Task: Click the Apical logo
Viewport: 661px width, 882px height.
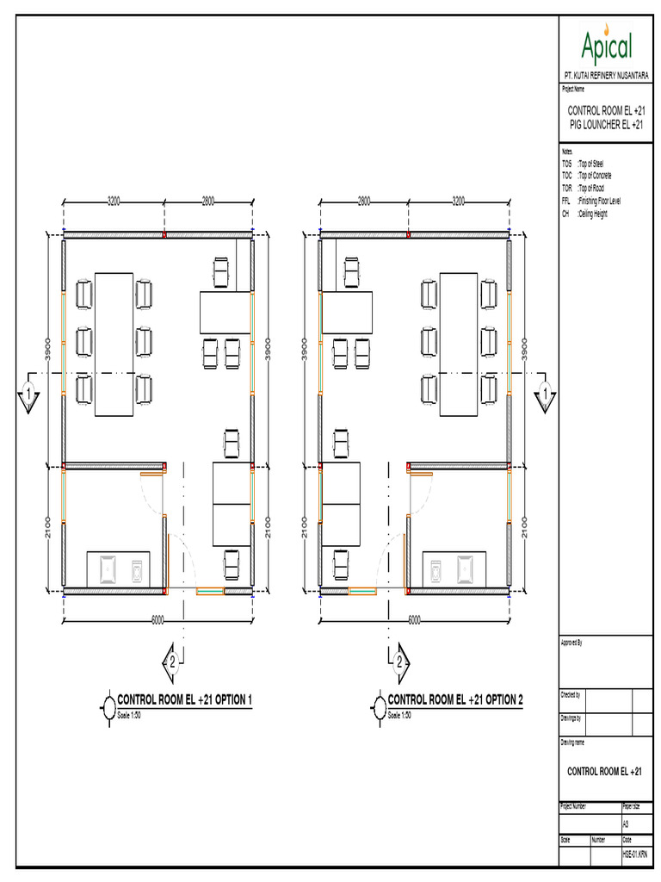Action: coord(607,43)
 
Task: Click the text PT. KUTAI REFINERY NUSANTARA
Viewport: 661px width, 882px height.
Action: coord(607,76)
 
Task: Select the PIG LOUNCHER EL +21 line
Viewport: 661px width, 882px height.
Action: coord(607,125)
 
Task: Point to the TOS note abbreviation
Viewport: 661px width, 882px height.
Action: coord(566,163)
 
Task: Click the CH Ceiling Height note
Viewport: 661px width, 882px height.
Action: coord(585,213)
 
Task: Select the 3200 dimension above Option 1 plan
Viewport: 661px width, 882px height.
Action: coord(114,201)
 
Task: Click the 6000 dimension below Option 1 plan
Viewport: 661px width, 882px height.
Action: coord(158,619)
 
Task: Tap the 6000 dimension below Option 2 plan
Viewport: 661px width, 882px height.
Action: coord(414,619)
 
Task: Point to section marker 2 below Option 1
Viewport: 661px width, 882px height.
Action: coord(172,661)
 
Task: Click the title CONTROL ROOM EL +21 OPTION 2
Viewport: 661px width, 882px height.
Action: coord(455,700)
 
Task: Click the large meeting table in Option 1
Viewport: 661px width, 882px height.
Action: coord(114,343)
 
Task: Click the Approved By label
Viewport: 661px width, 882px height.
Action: coord(572,643)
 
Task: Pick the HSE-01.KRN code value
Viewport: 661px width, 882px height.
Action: coord(635,854)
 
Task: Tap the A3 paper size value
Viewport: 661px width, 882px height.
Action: coord(626,824)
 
